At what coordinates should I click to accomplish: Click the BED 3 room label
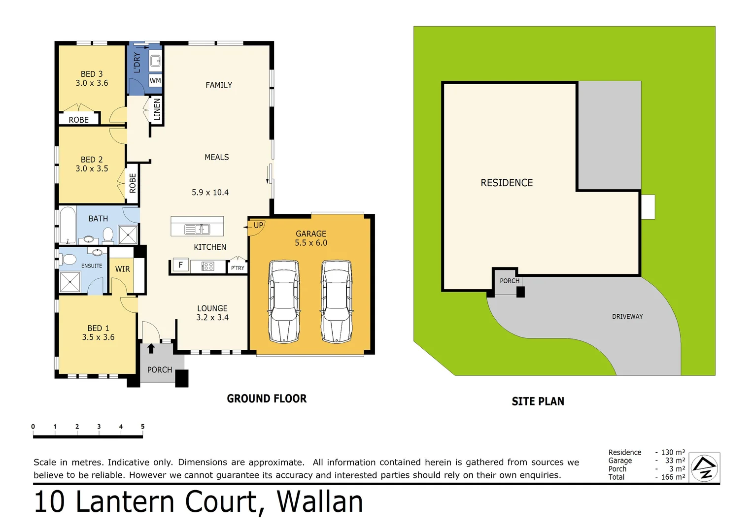click(x=92, y=74)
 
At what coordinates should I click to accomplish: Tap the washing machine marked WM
click(x=155, y=81)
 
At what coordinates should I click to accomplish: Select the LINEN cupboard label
click(x=157, y=109)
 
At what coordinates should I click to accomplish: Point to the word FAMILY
click(x=219, y=85)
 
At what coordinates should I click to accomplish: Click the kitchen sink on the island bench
click(x=197, y=229)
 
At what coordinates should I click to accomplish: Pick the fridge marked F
click(x=180, y=266)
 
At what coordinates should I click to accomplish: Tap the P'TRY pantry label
click(x=238, y=268)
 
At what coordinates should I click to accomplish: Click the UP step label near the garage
click(x=258, y=226)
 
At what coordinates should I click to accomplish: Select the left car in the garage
click(x=284, y=301)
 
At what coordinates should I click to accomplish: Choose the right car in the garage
click(x=337, y=301)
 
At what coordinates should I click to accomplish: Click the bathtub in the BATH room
click(x=68, y=226)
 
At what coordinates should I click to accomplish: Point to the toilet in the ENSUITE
click(x=68, y=259)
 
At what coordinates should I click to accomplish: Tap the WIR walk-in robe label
click(x=123, y=269)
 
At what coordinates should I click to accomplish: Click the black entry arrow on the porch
click(x=151, y=349)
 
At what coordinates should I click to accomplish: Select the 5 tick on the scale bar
click(x=142, y=427)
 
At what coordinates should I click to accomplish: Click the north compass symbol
click(x=704, y=467)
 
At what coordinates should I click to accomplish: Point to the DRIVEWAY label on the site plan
click(x=627, y=317)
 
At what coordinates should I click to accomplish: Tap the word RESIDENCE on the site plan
click(x=507, y=183)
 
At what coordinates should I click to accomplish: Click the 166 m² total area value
click(x=673, y=477)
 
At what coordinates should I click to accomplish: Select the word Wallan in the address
click(x=320, y=502)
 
